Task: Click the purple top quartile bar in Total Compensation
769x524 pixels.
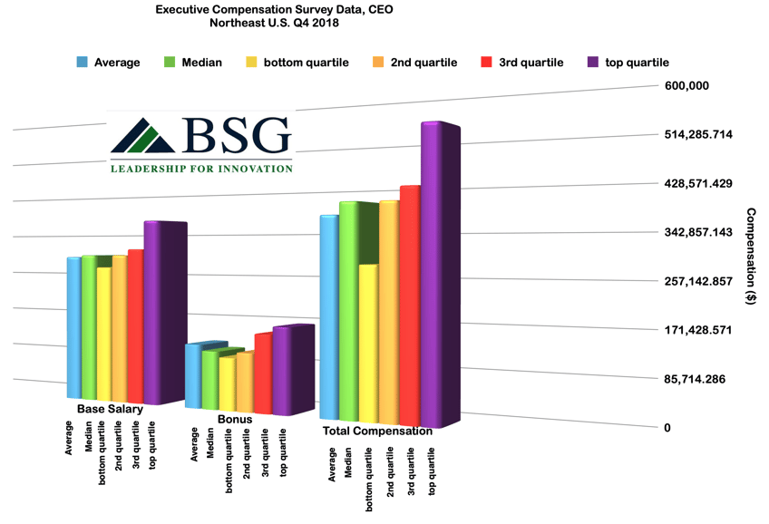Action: point(431,272)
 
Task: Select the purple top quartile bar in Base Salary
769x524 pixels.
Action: point(151,313)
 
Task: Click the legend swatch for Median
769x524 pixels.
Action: point(169,63)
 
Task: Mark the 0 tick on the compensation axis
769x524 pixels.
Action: point(667,427)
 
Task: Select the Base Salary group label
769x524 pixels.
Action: point(110,410)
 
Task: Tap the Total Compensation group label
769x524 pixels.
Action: point(377,432)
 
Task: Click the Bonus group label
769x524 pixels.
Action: point(235,420)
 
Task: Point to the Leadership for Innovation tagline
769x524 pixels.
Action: point(200,168)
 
